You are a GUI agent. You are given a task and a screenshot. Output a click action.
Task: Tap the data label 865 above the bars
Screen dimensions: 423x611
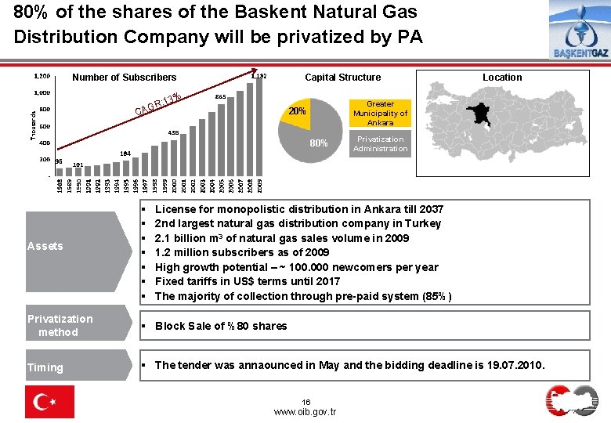(x=221, y=96)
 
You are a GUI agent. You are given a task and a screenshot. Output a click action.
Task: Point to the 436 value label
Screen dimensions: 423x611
(x=174, y=132)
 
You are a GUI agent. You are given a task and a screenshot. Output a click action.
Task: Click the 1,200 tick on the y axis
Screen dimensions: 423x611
(x=42, y=77)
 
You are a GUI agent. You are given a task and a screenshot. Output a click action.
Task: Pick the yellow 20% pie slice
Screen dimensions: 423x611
(x=298, y=111)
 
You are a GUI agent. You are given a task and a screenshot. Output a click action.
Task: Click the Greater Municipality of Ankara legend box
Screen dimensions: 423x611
(x=380, y=114)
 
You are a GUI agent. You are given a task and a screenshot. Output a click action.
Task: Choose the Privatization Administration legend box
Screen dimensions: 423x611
(x=380, y=144)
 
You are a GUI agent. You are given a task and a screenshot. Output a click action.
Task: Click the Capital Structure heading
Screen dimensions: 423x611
(x=342, y=78)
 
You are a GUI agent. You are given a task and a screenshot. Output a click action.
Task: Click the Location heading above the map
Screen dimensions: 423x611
(x=502, y=78)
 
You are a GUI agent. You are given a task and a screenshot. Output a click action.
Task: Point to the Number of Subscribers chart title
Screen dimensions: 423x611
(x=125, y=78)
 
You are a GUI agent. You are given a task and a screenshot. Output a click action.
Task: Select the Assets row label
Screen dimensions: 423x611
(x=45, y=246)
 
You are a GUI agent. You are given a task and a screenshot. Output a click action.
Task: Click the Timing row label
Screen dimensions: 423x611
(x=45, y=367)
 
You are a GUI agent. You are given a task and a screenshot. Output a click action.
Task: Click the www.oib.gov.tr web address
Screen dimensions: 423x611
(x=305, y=411)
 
